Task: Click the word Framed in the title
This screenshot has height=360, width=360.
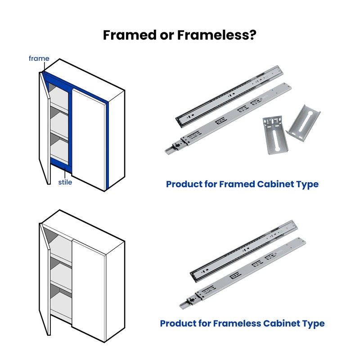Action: pos(130,35)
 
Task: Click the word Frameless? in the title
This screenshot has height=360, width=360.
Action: pos(216,35)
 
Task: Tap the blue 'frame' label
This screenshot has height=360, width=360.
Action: pos(39,58)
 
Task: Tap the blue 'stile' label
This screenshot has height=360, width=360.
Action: pos(65,182)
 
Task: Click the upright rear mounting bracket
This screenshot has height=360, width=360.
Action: pos(275,135)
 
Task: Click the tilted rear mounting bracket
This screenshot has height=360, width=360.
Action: pos(303,123)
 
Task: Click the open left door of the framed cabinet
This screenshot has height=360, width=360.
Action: pos(45,129)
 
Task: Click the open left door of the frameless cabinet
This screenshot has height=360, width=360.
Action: pos(45,279)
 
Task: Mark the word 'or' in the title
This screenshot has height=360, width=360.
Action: pos(166,36)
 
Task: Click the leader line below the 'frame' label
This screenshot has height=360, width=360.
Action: pos(45,66)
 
